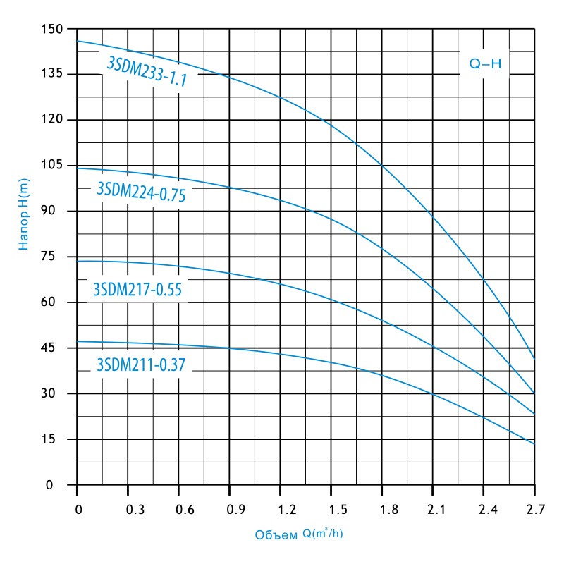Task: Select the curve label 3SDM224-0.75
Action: [140, 192]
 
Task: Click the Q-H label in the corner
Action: [485, 64]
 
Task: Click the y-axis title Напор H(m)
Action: [25, 213]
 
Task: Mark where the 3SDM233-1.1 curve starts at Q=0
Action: [77, 40]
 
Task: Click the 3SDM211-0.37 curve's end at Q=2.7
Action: [534, 444]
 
